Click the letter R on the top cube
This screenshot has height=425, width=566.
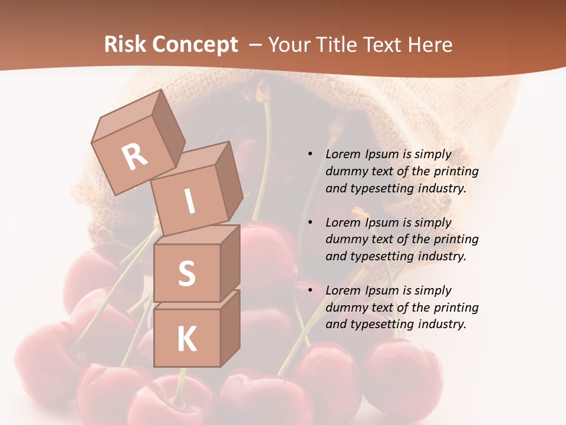tap(134, 156)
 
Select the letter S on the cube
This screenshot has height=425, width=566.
tap(186, 273)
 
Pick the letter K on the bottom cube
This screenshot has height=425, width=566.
tap(186, 339)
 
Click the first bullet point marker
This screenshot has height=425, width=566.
tap(310, 154)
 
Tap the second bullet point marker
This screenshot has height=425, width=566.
tap(310, 223)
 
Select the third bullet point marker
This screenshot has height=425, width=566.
tap(310, 290)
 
